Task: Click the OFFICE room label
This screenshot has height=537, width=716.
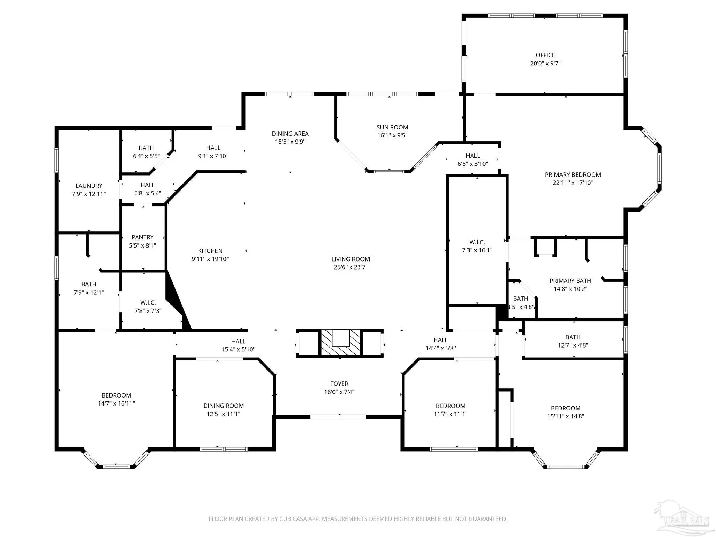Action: coord(545,55)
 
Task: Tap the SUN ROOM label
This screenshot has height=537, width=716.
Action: coord(392,127)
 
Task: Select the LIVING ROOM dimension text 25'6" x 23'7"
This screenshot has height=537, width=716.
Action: coord(351,267)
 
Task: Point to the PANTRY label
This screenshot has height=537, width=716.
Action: coord(143,237)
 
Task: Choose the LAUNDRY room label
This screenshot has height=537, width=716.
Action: coord(89,186)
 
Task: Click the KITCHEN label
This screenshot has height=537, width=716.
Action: coord(210,251)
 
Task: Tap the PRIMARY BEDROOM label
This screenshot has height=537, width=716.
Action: coord(573,175)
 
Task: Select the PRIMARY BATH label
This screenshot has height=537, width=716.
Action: coord(570,281)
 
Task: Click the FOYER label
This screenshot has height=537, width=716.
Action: coord(339,384)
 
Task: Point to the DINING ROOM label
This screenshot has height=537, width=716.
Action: coord(223,406)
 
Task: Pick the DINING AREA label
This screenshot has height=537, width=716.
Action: coord(290,134)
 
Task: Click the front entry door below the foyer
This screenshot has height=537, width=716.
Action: coord(338,417)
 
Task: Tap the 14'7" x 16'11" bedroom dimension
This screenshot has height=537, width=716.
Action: coord(116,403)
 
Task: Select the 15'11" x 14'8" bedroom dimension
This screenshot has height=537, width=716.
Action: coord(566,416)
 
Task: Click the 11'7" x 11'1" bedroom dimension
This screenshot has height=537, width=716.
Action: coord(451,414)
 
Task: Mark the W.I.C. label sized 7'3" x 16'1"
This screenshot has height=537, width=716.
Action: coord(477,242)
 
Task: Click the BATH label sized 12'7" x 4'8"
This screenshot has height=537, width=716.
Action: coord(573,337)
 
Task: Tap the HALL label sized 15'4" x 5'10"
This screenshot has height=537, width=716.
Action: coord(238,342)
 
